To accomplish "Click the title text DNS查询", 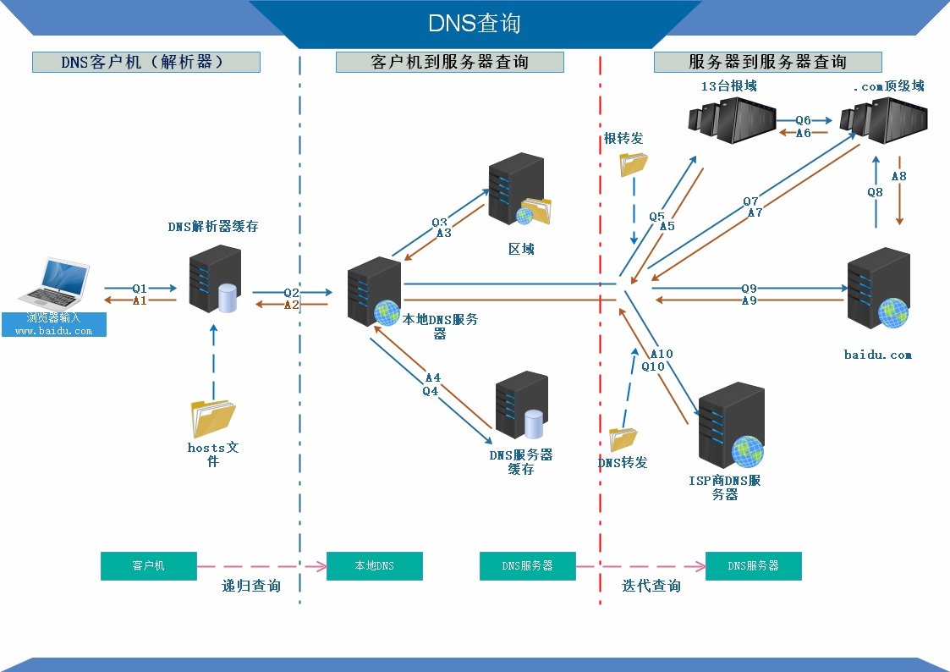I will coord(474,23).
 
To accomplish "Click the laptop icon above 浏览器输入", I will coord(54,284).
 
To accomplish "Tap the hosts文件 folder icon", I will coord(213,417).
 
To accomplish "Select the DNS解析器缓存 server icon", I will coord(215,278).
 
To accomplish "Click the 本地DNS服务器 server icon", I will coord(375,291).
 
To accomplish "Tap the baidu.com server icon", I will coord(878,289).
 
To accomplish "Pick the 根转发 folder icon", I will coord(633,162).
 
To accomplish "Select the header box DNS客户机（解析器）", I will coord(146,62).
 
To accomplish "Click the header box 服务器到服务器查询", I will coord(767,62).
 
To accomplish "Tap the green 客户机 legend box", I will coord(148,566).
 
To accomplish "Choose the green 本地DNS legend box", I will coord(374,566).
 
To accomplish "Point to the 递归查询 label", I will coord(251,586).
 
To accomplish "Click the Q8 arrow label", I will coord(875,192).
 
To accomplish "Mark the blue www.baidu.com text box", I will coord(54,325).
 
